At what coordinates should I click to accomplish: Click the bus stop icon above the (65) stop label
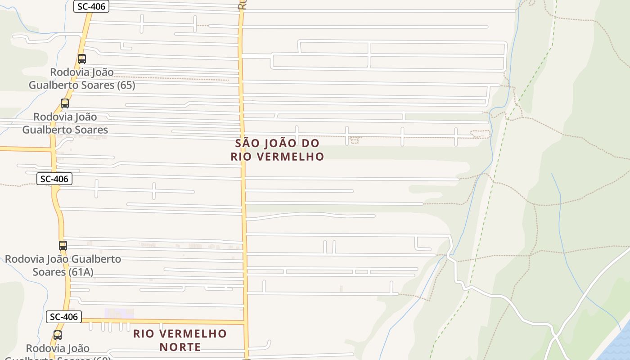click(81, 58)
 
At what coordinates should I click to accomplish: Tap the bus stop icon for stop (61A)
click(63, 246)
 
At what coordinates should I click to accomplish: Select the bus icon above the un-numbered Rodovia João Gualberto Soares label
click(65, 103)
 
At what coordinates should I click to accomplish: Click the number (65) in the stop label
click(126, 85)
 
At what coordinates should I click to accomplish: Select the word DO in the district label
click(311, 144)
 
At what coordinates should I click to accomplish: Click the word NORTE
click(180, 347)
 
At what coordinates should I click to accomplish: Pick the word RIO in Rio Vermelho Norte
click(144, 334)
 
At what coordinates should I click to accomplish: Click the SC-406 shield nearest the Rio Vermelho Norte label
click(64, 317)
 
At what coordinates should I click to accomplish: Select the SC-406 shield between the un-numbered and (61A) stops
click(54, 179)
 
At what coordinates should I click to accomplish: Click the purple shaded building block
click(119, 313)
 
